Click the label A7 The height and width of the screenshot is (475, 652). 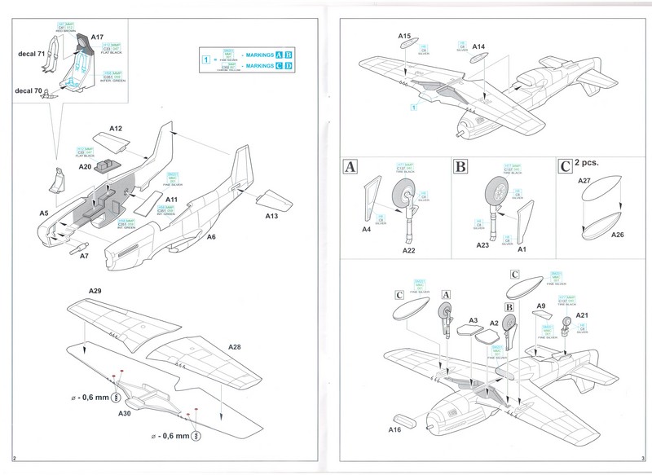[84, 257]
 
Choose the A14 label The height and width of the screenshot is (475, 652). [478, 46]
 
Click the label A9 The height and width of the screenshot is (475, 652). [540, 306]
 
